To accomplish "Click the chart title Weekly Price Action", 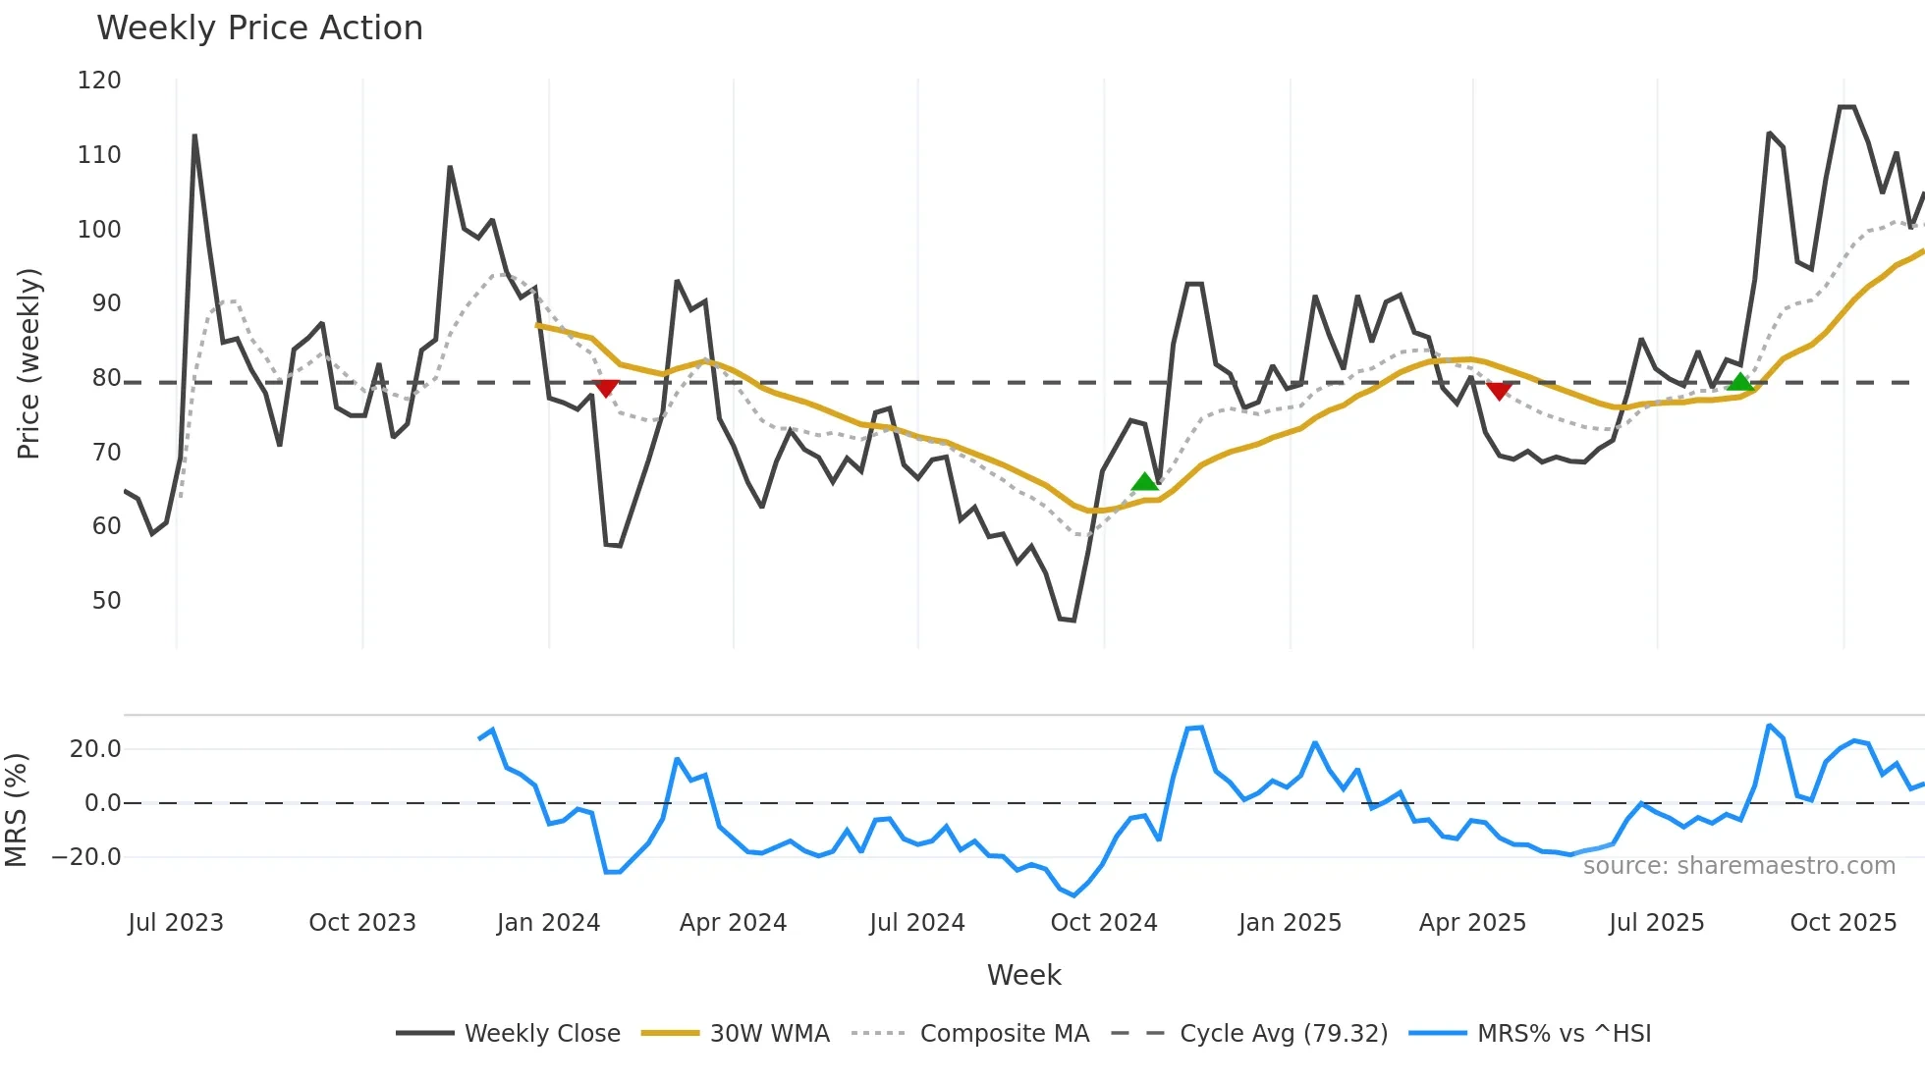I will pyautogui.click(x=259, y=28).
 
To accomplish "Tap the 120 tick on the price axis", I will pyautogui.click(x=99, y=81).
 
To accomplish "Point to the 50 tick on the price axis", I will pyautogui.click(x=106, y=601).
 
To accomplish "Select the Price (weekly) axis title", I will pyautogui.click(x=29, y=363).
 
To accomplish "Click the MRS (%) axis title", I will pyautogui.click(x=16, y=810).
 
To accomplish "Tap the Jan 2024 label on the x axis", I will pyautogui.click(x=548, y=923).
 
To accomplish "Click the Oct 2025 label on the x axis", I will pyautogui.click(x=1842, y=923).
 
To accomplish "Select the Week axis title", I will pyautogui.click(x=1023, y=975).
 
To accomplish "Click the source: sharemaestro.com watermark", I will pyautogui.click(x=1738, y=866).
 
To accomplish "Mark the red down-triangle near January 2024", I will pyautogui.click(x=607, y=388).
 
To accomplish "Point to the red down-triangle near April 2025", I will pyautogui.click(x=1499, y=391).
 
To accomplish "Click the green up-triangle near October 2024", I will pyautogui.click(x=1144, y=481).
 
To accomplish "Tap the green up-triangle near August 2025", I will pyautogui.click(x=1740, y=382).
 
